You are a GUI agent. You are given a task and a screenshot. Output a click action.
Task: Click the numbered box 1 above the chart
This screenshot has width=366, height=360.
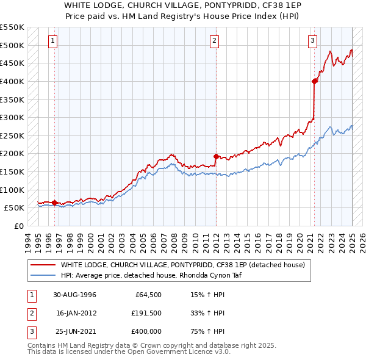pyautogui.click(x=53, y=41)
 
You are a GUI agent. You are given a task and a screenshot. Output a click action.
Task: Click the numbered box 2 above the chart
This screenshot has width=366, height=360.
pyautogui.click(x=215, y=41)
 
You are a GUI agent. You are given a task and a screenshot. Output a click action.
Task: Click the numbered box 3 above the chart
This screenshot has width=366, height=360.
pyautogui.click(x=312, y=41)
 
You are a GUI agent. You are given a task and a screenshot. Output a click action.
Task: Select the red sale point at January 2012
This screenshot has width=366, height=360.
pyautogui.click(x=216, y=156)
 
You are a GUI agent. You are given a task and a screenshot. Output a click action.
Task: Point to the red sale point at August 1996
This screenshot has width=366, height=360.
pyautogui.click(x=54, y=203)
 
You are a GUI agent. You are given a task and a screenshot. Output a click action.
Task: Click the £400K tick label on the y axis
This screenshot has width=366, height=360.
pyautogui.click(x=12, y=81)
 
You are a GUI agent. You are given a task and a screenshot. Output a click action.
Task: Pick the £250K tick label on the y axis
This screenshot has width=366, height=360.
pyautogui.click(x=12, y=135)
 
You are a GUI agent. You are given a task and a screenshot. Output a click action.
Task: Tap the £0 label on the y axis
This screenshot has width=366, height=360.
pyautogui.click(x=19, y=226)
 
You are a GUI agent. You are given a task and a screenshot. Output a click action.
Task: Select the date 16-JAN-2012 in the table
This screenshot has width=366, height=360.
pyautogui.click(x=77, y=314)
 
